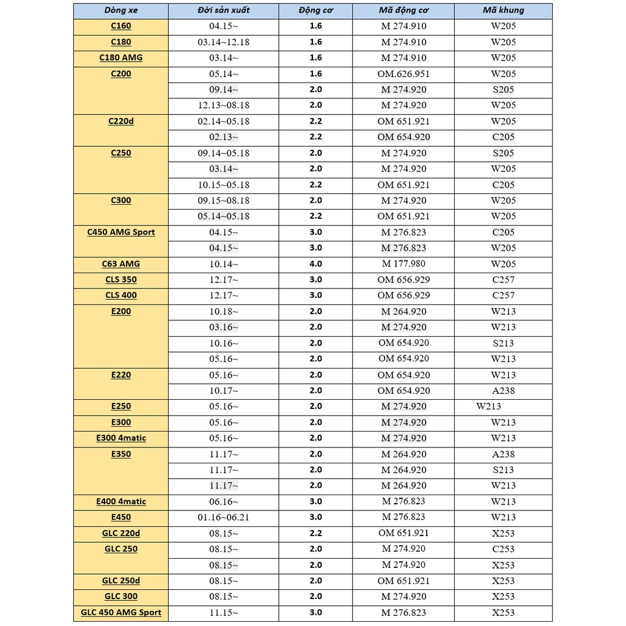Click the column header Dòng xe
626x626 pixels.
[x=121, y=10]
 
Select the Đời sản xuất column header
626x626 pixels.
[x=224, y=10]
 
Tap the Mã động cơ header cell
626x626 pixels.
[x=403, y=10]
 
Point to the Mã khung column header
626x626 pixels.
[x=503, y=10]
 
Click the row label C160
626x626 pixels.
[x=121, y=26]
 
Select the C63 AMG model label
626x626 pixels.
[x=121, y=264]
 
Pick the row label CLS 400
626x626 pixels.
[x=121, y=295]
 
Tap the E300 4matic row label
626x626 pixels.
[x=121, y=438]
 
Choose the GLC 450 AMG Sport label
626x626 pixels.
[x=121, y=613]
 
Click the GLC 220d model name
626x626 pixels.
[x=121, y=533]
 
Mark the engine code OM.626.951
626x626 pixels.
[x=403, y=74]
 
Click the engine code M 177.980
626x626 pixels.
[x=403, y=264]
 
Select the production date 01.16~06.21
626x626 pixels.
[x=224, y=517]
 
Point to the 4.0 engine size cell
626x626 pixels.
[x=315, y=264]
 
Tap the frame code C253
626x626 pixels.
[x=503, y=549]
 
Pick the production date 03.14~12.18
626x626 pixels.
[x=224, y=42]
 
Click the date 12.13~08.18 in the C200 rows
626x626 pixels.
[x=224, y=105]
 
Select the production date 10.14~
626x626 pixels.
[x=224, y=264]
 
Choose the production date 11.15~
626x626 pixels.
[x=224, y=613]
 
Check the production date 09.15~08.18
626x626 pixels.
[x=224, y=201]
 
